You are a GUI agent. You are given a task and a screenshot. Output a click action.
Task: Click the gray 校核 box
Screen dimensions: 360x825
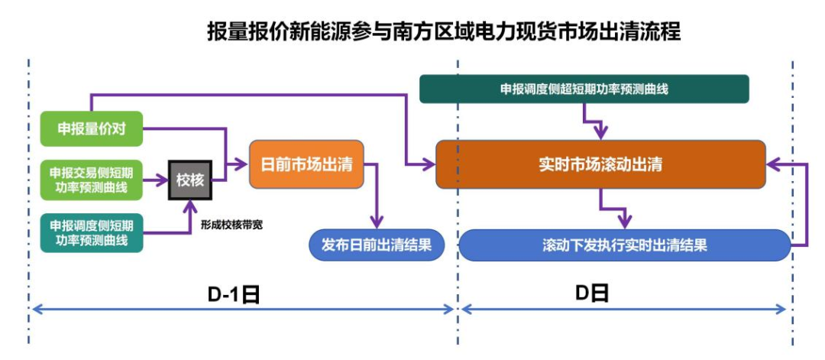click(189, 180)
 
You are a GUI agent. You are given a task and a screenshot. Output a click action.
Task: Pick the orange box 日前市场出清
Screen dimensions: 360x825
click(306, 164)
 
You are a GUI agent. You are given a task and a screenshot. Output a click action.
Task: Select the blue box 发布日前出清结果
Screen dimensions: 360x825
click(377, 245)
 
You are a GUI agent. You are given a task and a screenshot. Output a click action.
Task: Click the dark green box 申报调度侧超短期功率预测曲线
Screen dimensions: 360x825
click(584, 89)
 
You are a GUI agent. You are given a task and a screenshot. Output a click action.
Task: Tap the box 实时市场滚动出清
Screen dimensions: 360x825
click(600, 164)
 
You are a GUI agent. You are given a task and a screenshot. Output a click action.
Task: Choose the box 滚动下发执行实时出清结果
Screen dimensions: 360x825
click(624, 245)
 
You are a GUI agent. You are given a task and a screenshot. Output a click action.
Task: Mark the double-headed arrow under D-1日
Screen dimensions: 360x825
click(243, 310)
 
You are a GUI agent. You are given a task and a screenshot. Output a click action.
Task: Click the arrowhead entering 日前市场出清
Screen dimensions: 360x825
click(242, 164)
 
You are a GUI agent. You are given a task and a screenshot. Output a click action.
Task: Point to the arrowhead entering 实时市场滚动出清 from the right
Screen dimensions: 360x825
click(774, 164)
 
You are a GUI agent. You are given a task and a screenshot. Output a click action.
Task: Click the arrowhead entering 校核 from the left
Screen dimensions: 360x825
click(162, 180)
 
